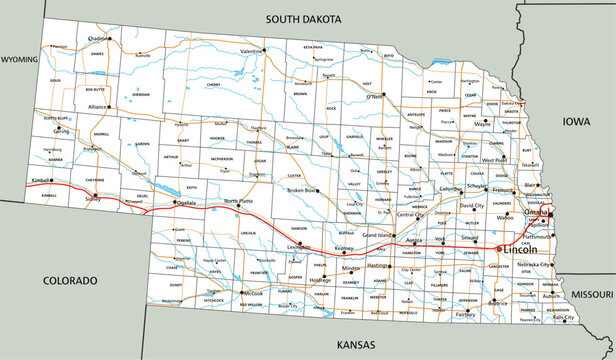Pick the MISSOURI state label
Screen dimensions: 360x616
[x=592, y=296]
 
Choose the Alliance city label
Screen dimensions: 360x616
[x=96, y=105]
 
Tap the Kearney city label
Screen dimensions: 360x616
[x=346, y=247]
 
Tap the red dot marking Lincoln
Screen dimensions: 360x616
[x=498, y=248]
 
